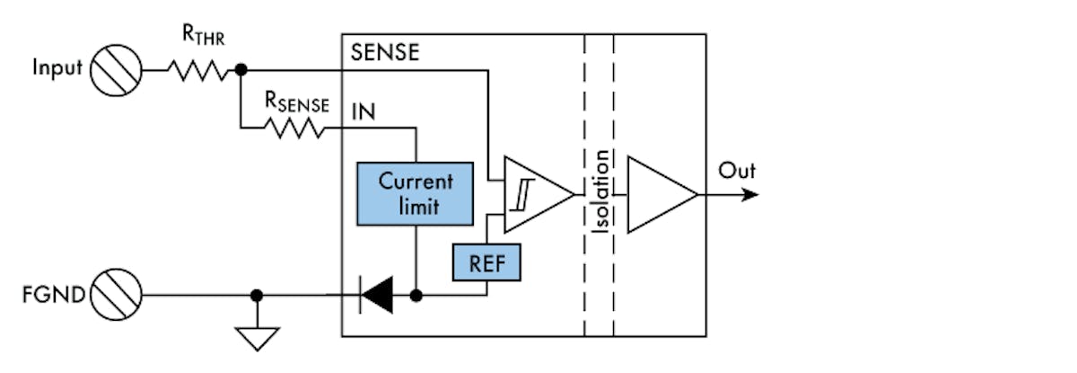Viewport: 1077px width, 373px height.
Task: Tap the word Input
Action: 57,69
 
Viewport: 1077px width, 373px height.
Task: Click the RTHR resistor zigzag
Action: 198,69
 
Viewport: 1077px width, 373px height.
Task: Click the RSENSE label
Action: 296,102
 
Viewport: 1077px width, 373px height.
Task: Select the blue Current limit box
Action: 414,192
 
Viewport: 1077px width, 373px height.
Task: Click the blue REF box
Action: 486,262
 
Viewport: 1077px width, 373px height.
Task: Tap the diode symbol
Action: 375,295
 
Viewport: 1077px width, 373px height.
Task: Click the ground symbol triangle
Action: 257,337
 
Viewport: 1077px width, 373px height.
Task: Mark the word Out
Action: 737,171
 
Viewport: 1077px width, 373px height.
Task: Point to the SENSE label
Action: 384,52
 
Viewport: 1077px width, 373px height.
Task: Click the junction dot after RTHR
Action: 241,69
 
